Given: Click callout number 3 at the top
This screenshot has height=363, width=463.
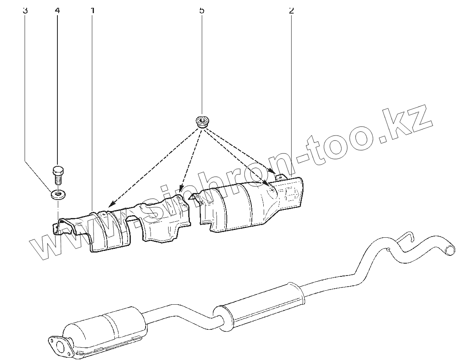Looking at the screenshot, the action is point(25,11).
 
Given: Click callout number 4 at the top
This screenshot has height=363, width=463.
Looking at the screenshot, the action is point(57,11).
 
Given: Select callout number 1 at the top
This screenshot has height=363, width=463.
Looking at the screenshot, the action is point(93,11).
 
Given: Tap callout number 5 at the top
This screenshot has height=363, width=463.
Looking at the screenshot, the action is point(202,11).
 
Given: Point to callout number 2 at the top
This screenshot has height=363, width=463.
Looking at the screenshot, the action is point(292,11).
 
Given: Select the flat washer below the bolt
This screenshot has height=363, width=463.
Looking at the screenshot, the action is point(58,195).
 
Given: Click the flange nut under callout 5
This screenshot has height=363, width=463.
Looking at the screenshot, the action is point(202,122).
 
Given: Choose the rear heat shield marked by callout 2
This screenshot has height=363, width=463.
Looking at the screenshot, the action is point(251,204).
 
